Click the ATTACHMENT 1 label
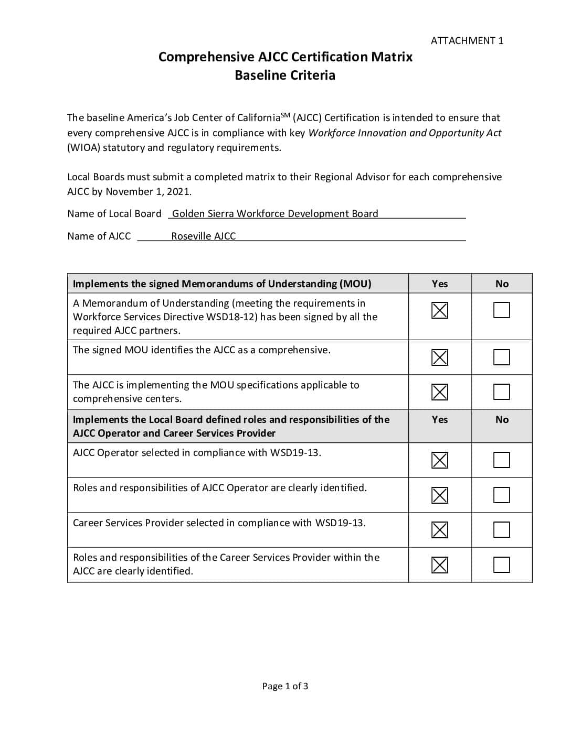tap(467, 40)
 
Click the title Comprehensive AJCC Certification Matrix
tap(285, 57)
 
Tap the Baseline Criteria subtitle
tap(285, 75)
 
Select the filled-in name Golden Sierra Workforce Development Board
tap(275, 213)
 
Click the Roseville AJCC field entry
tap(203, 236)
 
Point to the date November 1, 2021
tap(148, 191)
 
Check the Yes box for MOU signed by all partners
tap(440, 310)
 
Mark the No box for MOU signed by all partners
tap(502, 310)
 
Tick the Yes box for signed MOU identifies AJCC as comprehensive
tap(440, 357)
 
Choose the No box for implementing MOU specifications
tap(502, 392)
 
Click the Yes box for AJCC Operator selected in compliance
tap(440, 460)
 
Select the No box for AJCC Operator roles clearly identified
tap(502, 495)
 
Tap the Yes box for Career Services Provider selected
tap(440, 530)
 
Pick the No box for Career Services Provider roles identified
tap(502, 565)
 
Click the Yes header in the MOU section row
tap(440, 284)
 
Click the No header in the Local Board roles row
tap(502, 419)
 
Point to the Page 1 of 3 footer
tap(285, 686)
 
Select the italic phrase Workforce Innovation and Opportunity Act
tap(405, 133)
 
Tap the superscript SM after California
tap(285, 115)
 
